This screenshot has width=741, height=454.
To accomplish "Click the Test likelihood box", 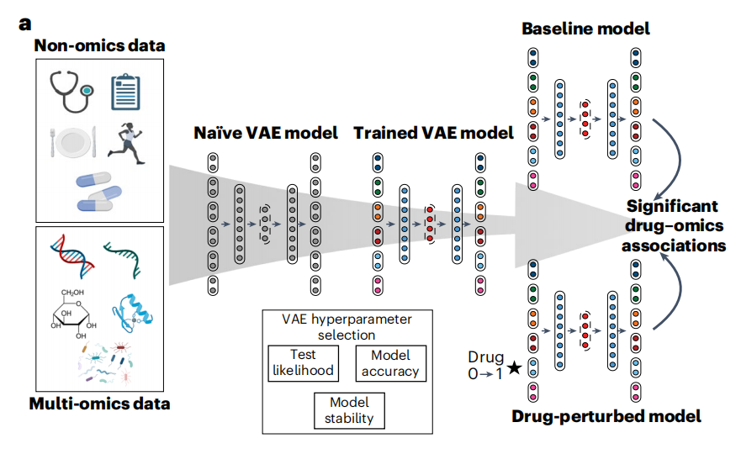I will (x=302, y=363).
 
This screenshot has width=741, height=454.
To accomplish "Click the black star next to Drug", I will (x=515, y=368).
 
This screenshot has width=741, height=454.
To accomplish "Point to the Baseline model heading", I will (x=585, y=29).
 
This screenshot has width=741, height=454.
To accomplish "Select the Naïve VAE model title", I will (x=266, y=133).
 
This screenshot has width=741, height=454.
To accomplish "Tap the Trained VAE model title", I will (x=433, y=133).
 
